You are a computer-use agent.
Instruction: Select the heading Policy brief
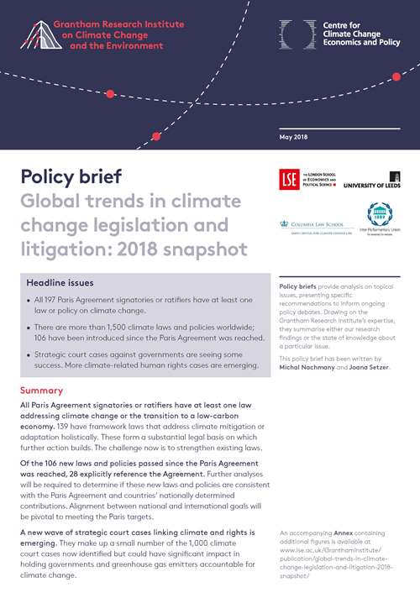click(x=71, y=176)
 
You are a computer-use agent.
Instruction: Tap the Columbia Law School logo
click(x=310, y=225)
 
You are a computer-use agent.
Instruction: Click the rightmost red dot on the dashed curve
click(x=396, y=77)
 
